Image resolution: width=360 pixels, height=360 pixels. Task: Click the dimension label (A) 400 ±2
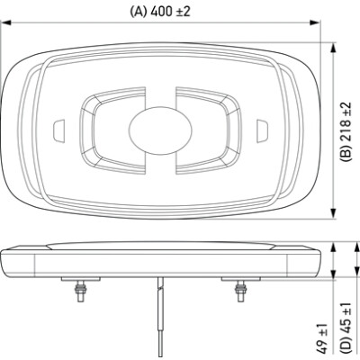pos(160,12)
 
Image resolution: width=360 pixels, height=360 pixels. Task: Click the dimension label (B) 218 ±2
pos(346,131)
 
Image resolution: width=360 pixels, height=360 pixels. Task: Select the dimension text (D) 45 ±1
pos(346,328)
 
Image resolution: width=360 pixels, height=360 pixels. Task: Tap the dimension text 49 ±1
pos(321,338)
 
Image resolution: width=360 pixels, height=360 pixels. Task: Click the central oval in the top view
pos(160,130)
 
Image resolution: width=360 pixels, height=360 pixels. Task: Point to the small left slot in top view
pos(58,130)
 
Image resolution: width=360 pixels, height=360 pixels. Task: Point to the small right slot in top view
pos(262,130)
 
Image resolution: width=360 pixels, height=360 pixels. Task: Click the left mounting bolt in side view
pos(81,291)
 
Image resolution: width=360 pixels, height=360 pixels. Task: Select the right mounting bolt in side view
pos(240,291)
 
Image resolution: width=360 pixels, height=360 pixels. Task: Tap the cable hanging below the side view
pos(161,317)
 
